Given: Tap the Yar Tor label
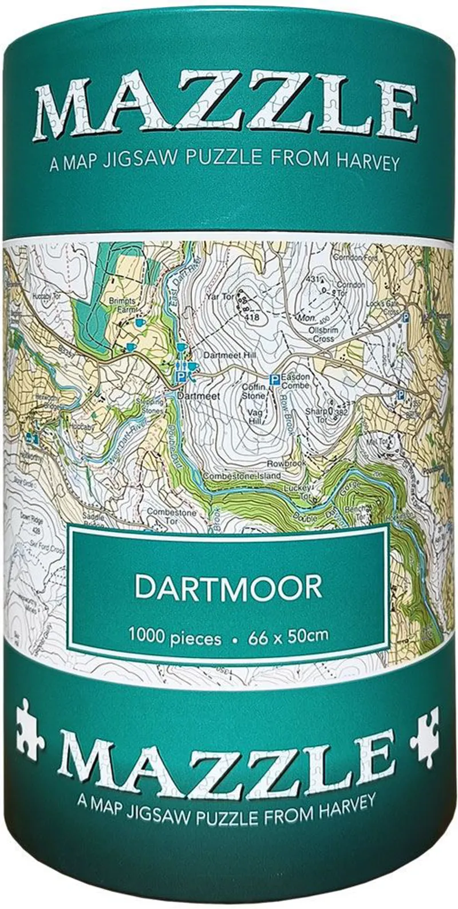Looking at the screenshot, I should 221,297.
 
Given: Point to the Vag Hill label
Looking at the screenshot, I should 254,416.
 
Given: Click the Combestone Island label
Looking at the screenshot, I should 234,476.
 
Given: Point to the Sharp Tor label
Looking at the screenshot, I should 319,415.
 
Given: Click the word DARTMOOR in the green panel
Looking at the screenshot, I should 228,588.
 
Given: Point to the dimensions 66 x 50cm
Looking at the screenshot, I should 289,636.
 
